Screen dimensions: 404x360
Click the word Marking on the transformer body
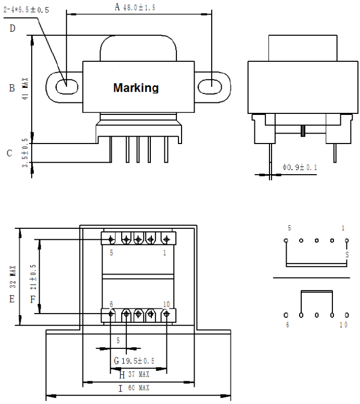pos(136,88)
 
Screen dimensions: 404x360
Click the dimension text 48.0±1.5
pos(139,7)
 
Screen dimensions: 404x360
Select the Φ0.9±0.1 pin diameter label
pos(300,167)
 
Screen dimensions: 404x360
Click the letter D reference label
pos(12,29)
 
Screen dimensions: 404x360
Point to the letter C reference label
pos(9,153)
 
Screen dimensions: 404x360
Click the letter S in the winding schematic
pos(346,255)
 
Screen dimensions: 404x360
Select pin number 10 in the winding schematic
pos(343,325)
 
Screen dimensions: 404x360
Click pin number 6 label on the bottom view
pos(111,304)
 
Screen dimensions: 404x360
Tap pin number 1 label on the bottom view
pos(165,253)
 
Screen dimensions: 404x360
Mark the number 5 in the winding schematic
pos(289,228)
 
